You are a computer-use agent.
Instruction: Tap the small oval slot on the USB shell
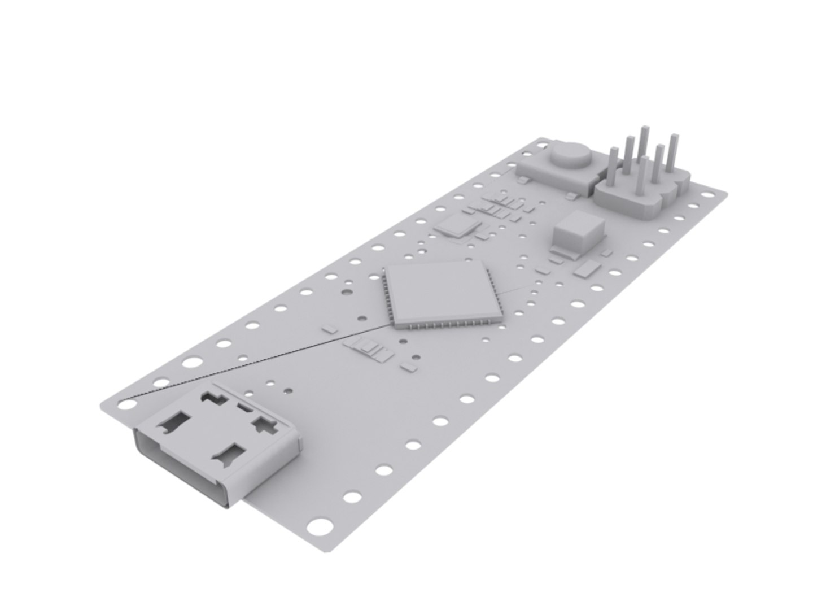[x=244, y=407]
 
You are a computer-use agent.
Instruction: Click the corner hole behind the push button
[x=542, y=145]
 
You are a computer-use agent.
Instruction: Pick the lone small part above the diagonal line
[x=330, y=326]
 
